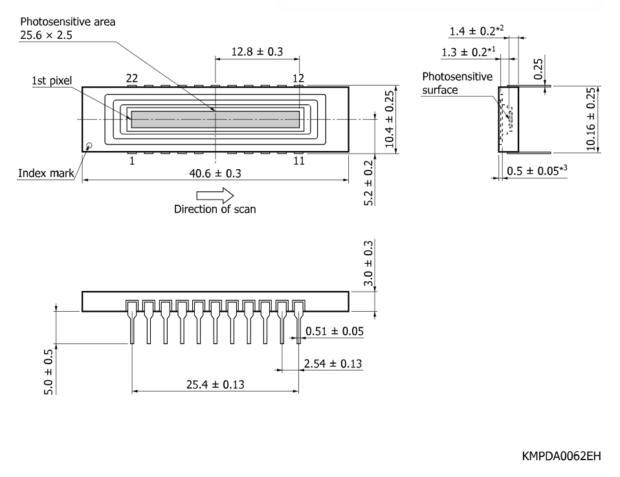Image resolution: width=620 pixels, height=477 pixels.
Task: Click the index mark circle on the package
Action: tap(89, 146)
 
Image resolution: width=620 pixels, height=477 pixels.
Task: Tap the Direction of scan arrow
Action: tap(215, 195)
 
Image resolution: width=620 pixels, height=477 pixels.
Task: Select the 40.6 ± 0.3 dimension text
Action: tap(215, 174)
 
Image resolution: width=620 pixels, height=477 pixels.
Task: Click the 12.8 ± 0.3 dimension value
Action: tap(257, 51)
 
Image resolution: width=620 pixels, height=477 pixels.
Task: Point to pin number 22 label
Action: tap(131, 78)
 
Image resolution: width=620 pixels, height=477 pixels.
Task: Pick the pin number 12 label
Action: tap(298, 78)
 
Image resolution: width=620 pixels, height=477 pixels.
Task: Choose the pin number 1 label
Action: tap(131, 161)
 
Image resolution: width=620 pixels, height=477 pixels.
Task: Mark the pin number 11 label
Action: tap(299, 161)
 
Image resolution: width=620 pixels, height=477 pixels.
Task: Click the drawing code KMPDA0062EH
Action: tap(561, 456)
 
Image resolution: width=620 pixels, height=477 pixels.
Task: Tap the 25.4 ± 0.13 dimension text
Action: tap(215, 384)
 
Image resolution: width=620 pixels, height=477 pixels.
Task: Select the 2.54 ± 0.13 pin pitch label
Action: tap(333, 364)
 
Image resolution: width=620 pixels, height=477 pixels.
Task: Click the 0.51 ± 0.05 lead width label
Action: tap(335, 331)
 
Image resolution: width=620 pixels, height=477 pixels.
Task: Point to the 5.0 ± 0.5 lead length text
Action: tap(49, 372)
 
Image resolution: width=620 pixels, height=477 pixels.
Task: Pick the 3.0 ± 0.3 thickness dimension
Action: tap(368, 263)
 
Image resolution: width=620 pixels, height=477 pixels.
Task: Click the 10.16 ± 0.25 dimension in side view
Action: tap(590, 119)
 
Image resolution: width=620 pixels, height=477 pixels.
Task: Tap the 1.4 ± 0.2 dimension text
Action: tap(476, 30)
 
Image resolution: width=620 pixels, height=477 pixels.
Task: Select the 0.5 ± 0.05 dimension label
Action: tap(537, 170)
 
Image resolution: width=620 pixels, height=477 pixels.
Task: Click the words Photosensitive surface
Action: tap(457, 83)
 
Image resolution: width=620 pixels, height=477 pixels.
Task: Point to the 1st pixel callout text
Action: tap(52, 81)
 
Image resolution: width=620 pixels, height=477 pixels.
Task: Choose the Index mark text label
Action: tap(46, 173)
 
